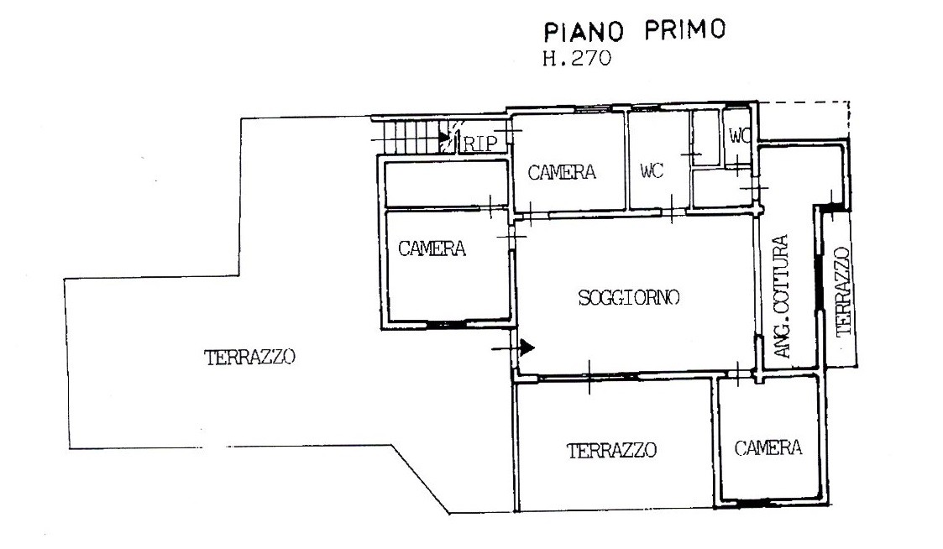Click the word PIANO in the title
click(584, 32)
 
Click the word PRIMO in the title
click(685, 29)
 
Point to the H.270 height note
click(577, 58)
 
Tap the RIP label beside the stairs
click(480, 144)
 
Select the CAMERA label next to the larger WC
click(562, 173)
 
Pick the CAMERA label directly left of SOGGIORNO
click(432, 248)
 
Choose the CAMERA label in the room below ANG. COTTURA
click(768, 448)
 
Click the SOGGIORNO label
click(628, 297)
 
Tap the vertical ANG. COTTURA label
click(781, 296)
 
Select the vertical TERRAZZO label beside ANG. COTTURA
click(844, 291)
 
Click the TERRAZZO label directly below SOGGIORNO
click(611, 451)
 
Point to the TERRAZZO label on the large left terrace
click(249, 357)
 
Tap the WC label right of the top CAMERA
click(652, 171)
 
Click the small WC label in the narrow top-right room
click(739, 136)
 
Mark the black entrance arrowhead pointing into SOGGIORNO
click(527, 348)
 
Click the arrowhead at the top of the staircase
click(445, 138)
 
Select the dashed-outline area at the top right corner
click(803, 120)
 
